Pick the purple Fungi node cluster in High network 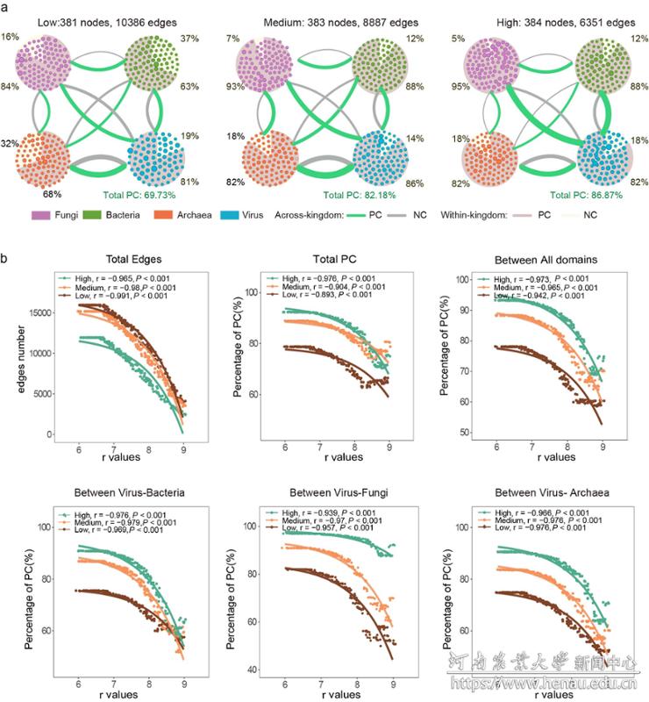click(496, 61)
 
